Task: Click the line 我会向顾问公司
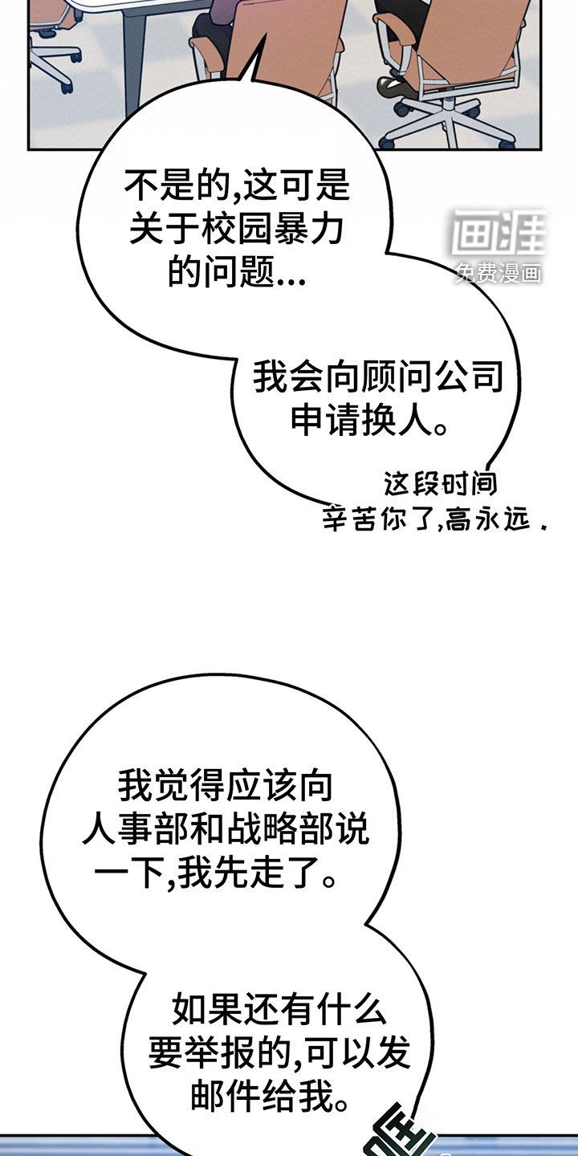point(378,377)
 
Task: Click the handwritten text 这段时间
point(440,483)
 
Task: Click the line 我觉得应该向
point(226,785)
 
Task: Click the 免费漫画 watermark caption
point(499,272)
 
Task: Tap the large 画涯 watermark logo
point(499,232)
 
